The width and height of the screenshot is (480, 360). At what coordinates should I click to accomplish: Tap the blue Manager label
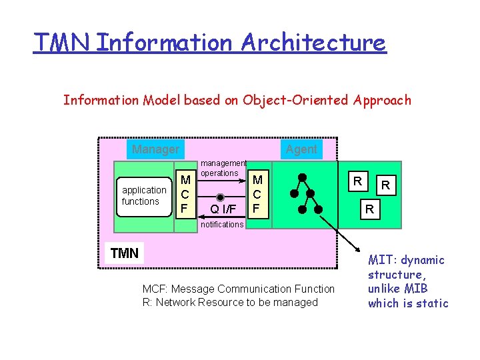155,149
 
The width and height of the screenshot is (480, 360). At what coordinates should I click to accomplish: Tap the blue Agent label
301,149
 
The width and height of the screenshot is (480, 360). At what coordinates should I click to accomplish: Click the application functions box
143,196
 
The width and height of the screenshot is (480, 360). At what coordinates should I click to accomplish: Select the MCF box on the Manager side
186,194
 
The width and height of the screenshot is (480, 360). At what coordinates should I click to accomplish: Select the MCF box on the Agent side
257,194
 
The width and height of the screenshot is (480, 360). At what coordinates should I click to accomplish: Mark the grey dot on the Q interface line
222,197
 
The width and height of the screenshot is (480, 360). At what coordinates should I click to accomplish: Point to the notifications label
222,225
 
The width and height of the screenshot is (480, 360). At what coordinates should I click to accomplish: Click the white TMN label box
125,253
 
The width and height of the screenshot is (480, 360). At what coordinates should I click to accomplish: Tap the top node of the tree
301,178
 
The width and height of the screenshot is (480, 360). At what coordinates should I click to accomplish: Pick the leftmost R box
358,181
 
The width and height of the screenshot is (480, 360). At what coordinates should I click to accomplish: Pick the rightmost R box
385,185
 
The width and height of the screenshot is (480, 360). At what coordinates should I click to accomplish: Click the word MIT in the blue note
381,260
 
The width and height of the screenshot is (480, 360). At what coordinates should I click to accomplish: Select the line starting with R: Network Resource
230,303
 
